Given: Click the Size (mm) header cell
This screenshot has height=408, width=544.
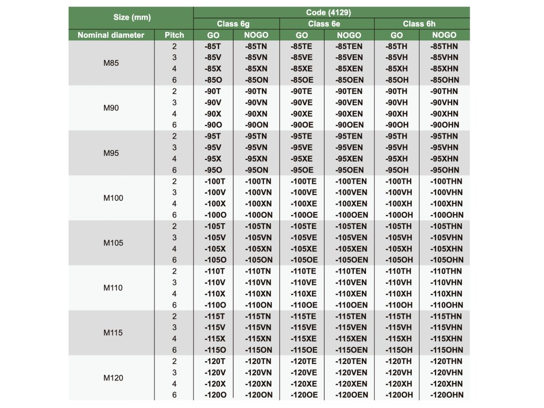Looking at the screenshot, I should [x=132, y=18].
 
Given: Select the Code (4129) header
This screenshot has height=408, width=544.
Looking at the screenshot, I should [x=331, y=12].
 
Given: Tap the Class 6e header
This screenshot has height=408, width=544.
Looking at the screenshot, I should [x=326, y=24].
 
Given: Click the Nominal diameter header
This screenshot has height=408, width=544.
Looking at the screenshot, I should [x=111, y=36].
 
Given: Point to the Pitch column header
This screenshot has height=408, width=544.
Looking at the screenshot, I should [x=174, y=36].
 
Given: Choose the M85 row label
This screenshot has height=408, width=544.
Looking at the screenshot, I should [x=112, y=63].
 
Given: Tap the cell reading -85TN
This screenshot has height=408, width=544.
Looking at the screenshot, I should [x=257, y=46].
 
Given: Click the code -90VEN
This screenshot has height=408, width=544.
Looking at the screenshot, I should [x=349, y=103].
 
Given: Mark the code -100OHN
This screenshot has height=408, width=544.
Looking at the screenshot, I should [x=446, y=215].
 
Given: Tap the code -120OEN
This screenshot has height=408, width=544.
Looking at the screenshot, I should [x=349, y=395].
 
